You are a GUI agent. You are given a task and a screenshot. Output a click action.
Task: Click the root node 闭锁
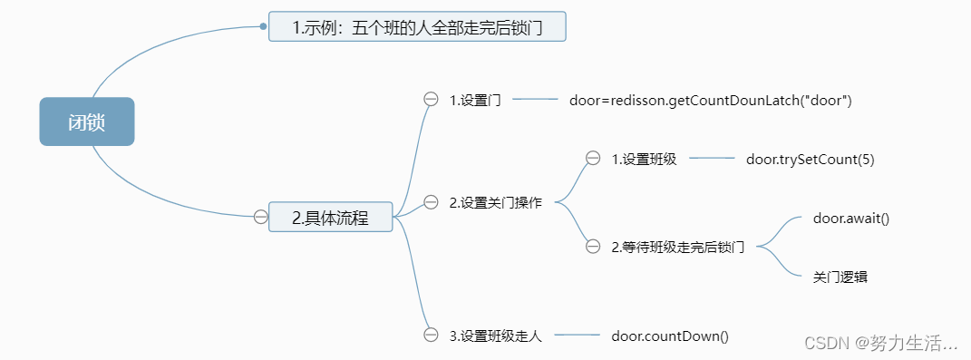click(87, 122)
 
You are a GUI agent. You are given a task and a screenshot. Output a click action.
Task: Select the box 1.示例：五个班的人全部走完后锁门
click(417, 26)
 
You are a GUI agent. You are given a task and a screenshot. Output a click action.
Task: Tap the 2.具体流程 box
click(330, 217)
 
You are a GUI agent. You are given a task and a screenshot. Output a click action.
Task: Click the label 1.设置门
click(475, 100)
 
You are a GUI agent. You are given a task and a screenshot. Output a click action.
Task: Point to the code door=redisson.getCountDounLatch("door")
click(711, 100)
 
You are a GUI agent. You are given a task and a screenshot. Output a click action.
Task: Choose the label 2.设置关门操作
click(495, 202)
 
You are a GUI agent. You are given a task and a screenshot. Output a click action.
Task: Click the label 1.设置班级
click(644, 159)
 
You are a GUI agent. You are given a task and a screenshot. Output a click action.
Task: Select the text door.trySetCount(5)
click(810, 159)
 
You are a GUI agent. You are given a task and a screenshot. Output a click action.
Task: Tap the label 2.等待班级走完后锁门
click(677, 246)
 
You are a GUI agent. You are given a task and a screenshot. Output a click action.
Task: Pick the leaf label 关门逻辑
click(840, 277)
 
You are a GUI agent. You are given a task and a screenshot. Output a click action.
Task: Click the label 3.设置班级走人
click(495, 336)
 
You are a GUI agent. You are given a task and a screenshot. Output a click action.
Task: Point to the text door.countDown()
click(670, 336)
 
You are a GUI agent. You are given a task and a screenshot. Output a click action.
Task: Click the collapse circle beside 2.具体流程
click(260, 217)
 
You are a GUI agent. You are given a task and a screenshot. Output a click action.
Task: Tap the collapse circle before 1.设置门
click(431, 100)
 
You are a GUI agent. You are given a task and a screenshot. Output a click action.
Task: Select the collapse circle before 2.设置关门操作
click(431, 202)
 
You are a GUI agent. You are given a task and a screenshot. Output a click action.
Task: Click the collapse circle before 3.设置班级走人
click(431, 336)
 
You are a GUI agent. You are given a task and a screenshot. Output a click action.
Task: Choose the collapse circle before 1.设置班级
click(593, 159)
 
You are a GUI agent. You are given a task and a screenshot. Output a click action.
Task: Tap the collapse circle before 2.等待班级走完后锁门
click(593, 246)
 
